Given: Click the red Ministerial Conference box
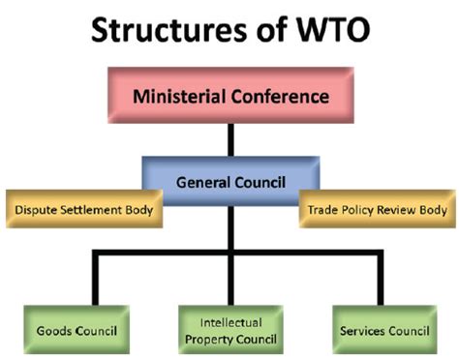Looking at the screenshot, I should (x=230, y=97).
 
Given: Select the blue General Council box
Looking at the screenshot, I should (x=230, y=181).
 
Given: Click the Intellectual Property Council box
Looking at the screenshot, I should (x=229, y=330).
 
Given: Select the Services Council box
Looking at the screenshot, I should (x=385, y=330).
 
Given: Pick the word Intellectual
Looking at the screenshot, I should (x=230, y=322).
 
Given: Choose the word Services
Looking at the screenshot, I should (x=363, y=331).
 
